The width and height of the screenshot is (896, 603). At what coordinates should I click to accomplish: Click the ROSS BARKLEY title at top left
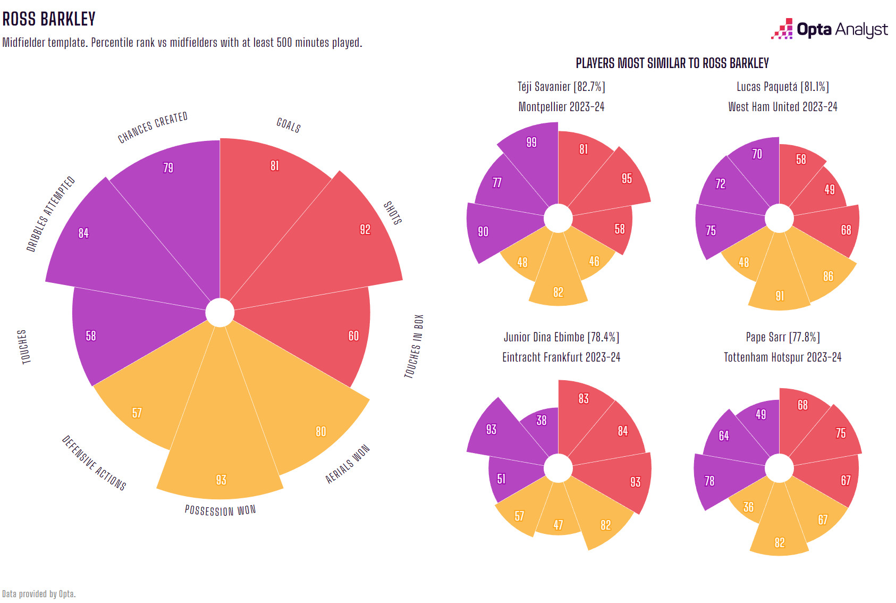[49, 19]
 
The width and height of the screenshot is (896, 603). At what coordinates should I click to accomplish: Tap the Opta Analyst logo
[830, 29]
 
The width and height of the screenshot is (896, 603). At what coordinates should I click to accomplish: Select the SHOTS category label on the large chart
[393, 213]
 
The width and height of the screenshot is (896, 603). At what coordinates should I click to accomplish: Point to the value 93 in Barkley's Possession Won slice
[221, 480]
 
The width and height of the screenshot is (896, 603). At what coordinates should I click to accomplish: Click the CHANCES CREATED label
[153, 128]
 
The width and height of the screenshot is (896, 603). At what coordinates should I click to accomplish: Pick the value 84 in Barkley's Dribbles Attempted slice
[83, 233]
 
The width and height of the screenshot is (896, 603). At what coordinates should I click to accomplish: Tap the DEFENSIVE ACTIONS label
[94, 463]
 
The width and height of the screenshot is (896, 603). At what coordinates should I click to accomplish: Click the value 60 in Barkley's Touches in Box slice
[353, 336]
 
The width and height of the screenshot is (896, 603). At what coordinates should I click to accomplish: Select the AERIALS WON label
[347, 464]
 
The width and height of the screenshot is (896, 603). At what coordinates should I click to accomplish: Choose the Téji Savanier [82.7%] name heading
[561, 87]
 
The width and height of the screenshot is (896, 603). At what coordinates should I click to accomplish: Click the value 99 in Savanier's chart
[531, 143]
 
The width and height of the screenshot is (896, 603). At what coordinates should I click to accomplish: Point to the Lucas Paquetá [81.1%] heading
[782, 87]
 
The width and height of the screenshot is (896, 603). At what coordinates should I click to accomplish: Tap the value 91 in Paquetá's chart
[780, 296]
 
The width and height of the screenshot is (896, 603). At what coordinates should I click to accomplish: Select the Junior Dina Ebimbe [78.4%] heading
[561, 337]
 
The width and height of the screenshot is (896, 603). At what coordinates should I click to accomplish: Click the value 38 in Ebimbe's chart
[542, 421]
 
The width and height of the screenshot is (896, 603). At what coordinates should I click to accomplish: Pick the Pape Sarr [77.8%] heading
[782, 337]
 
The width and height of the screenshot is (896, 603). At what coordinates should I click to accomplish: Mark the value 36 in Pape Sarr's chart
[748, 507]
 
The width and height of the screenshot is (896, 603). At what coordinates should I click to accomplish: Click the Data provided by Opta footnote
[39, 594]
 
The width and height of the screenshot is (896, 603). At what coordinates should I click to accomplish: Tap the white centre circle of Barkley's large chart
[219, 313]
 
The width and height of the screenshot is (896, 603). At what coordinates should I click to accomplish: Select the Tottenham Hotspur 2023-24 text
[782, 357]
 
